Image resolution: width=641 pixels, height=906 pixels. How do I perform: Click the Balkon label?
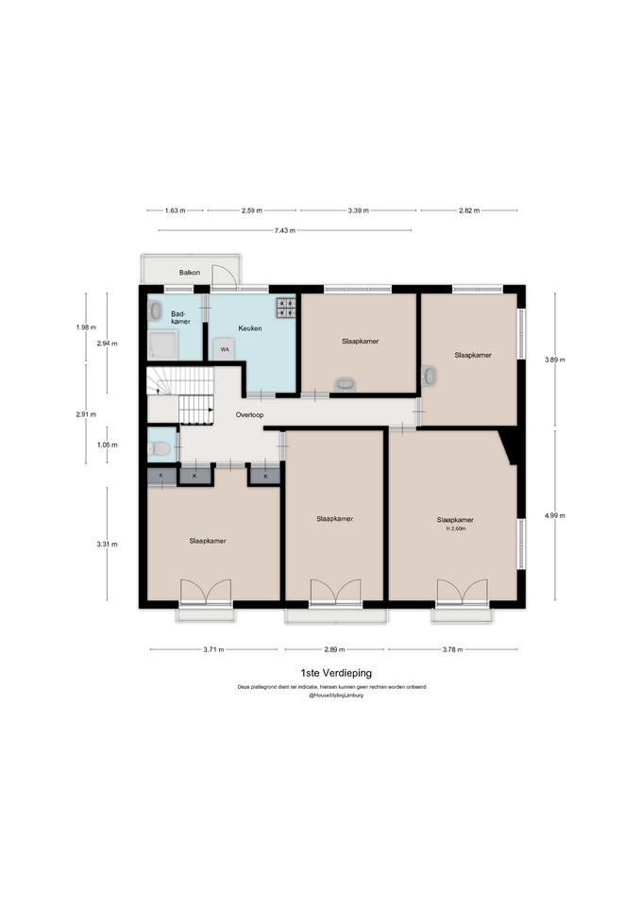(x=190, y=272)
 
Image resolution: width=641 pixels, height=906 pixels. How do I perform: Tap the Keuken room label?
(x=250, y=328)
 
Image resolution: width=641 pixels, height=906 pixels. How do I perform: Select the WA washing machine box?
(x=225, y=349)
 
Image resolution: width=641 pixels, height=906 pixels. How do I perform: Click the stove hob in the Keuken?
(x=285, y=308)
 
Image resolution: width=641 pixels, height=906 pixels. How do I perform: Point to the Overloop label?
(x=249, y=415)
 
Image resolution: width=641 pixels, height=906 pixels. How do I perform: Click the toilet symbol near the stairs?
(x=158, y=447)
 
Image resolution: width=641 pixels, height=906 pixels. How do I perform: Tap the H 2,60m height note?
(x=455, y=528)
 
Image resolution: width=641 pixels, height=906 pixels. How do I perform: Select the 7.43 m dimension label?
(x=285, y=230)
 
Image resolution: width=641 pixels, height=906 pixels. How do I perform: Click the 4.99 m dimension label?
(x=555, y=516)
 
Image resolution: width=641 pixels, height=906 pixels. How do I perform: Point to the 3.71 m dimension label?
(x=213, y=649)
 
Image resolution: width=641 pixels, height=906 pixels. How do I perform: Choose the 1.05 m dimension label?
(x=107, y=445)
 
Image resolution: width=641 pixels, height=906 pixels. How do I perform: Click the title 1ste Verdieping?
(x=336, y=673)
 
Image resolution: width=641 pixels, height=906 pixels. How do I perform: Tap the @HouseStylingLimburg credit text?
(x=336, y=696)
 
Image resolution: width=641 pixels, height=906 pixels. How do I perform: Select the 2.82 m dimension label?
(x=469, y=210)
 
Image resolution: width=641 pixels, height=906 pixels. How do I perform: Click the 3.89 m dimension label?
(x=555, y=360)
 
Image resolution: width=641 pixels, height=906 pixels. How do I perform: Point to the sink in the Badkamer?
(x=155, y=310)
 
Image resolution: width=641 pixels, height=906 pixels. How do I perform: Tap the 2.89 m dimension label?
(x=334, y=649)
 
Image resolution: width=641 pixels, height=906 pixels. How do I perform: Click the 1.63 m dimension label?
(x=176, y=210)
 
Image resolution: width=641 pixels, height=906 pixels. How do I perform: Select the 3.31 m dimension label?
(x=107, y=544)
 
